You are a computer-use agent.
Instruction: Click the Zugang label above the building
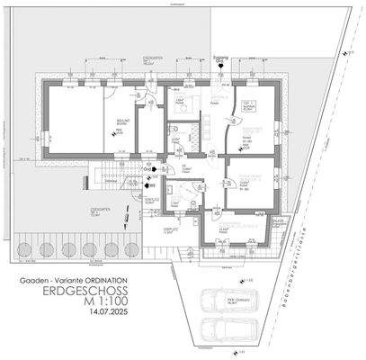[222, 57]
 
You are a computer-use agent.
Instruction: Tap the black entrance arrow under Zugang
[222, 69]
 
